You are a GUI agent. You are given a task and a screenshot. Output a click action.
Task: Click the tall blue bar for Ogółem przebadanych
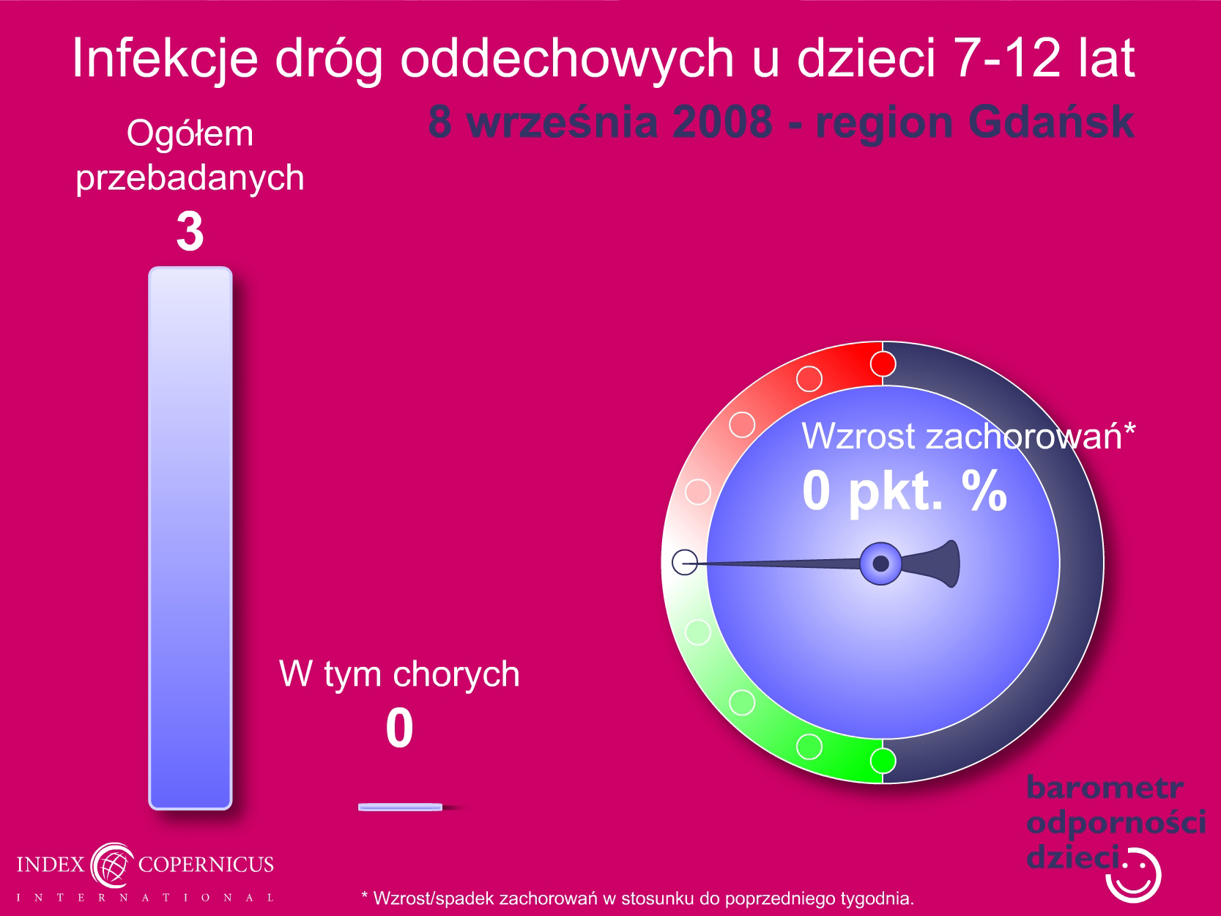point(190,538)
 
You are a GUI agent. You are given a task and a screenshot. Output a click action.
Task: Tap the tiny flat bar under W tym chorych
point(400,807)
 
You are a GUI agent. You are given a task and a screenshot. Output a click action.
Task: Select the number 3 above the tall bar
point(190,232)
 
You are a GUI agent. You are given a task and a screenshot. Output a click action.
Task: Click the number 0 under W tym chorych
point(399,728)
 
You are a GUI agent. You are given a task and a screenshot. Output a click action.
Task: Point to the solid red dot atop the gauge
point(883,364)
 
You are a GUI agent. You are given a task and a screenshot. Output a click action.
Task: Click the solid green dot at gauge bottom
point(883,761)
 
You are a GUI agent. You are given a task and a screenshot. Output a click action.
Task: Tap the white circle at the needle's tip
point(685,562)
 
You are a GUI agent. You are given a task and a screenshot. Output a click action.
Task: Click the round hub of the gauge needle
point(880,564)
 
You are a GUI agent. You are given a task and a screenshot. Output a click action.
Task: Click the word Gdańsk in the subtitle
point(1051,122)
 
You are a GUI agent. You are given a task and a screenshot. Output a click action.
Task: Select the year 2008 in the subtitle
point(722,122)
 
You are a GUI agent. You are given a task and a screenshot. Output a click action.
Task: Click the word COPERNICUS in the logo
point(206,864)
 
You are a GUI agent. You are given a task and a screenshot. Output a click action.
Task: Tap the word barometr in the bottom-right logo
point(1105,788)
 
